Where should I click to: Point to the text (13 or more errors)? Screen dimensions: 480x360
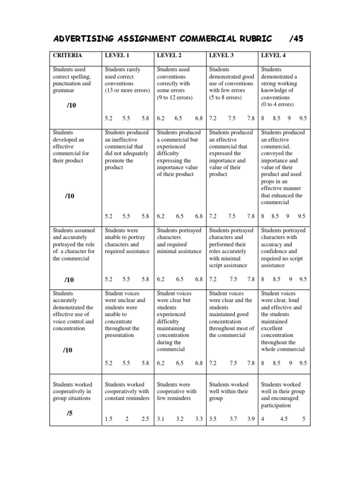(127, 90)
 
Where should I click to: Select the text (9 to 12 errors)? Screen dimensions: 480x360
(176, 97)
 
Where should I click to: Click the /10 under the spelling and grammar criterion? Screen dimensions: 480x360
(71, 105)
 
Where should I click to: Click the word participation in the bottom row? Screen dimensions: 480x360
(276, 405)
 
